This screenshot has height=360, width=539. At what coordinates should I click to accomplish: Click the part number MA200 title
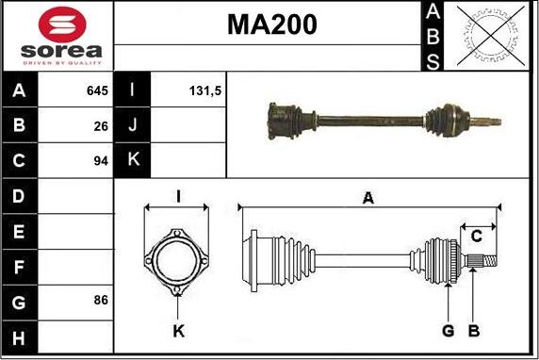coord(271,25)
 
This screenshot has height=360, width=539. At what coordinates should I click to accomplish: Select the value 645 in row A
coord(96,91)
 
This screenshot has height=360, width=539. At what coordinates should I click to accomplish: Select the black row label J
coord(132,125)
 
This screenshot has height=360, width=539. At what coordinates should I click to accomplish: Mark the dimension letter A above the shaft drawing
coord(368,197)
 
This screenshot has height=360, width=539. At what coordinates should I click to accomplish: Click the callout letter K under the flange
coord(178,331)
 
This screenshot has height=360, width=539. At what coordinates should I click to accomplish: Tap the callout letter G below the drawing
coord(449,331)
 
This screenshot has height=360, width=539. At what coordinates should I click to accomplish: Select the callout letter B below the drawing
coord(474,331)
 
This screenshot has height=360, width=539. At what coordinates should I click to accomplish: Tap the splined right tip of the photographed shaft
coord(490,122)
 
